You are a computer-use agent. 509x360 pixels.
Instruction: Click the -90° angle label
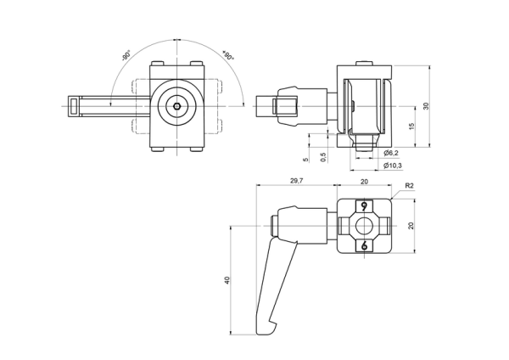coord(126,55)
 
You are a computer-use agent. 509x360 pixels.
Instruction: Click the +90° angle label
coord(228,55)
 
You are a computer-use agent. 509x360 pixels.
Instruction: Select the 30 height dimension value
coord(426,106)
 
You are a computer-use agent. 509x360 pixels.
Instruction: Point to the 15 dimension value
coord(411,127)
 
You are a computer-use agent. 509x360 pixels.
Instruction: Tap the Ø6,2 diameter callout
coord(391,153)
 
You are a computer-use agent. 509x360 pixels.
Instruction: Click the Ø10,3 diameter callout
coord(393,166)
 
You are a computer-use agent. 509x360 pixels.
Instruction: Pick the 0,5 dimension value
coord(323,157)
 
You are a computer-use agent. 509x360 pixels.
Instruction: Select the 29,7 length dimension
coord(296,181)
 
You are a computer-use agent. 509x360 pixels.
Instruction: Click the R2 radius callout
coord(410,186)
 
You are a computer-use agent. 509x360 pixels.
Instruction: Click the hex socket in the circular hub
coord(177,106)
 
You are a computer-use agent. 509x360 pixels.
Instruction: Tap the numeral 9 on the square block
coord(364,206)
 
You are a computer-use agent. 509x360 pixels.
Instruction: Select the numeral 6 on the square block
coord(364,245)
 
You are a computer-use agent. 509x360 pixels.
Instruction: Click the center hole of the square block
coord(364,226)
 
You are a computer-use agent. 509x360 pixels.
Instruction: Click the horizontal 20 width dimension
coord(364,182)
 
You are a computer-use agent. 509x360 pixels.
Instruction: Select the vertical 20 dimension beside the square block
coord(411,226)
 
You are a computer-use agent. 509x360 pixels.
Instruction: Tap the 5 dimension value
coord(305,160)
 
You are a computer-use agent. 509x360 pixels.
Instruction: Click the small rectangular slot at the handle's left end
coord(74,106)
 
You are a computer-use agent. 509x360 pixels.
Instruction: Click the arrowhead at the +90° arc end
coord(243,103)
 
